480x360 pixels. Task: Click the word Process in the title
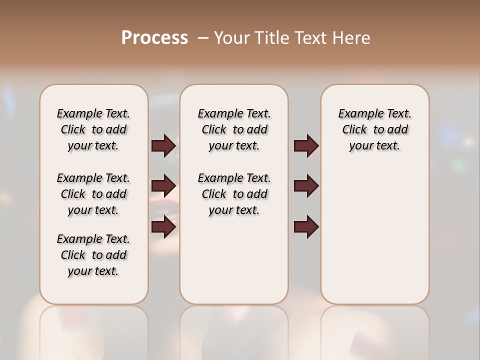154,38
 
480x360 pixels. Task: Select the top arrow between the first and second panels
163,145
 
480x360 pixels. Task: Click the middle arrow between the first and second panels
163,186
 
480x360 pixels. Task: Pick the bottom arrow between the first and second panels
163,226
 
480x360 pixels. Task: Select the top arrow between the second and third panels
306,145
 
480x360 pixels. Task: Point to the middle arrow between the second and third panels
306,186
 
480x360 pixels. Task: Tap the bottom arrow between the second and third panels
306,226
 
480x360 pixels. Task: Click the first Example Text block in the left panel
93,129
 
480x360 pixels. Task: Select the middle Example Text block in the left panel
93,194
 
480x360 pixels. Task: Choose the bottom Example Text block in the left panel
93,255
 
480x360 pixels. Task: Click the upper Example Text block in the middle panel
234,129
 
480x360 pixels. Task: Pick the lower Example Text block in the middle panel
234,194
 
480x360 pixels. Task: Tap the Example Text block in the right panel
374,129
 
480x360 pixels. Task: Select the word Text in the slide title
312,38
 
